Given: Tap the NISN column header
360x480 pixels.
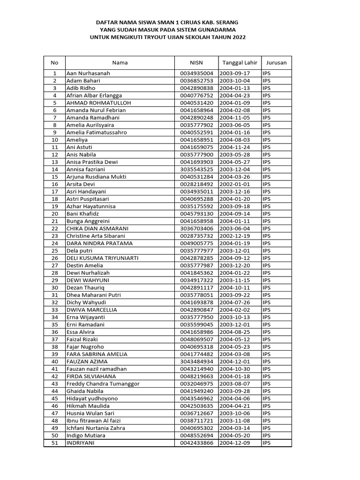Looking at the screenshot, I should point(196,62).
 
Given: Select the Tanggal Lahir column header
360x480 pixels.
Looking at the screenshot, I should point(239,62).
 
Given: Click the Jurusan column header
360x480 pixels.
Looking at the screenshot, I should point(276,62).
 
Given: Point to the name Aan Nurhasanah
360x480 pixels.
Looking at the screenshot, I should point(89,74).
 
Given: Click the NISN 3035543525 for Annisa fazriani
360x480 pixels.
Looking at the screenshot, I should point(196,169).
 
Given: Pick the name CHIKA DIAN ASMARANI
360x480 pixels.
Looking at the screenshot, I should point(97,228).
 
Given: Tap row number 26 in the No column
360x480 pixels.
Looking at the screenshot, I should point(55,258).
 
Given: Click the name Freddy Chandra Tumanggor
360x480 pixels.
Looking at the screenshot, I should point(103,383).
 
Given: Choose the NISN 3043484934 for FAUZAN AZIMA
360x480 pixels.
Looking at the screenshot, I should point(196,361).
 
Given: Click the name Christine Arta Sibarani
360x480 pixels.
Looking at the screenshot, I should point(99,236).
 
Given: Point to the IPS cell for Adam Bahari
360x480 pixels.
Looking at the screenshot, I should point(267,81).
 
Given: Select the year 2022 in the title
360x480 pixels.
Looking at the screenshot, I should point(238,37).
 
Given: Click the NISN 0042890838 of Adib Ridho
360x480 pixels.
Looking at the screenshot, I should point(196,88).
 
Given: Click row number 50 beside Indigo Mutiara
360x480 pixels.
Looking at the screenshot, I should point(55,435).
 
